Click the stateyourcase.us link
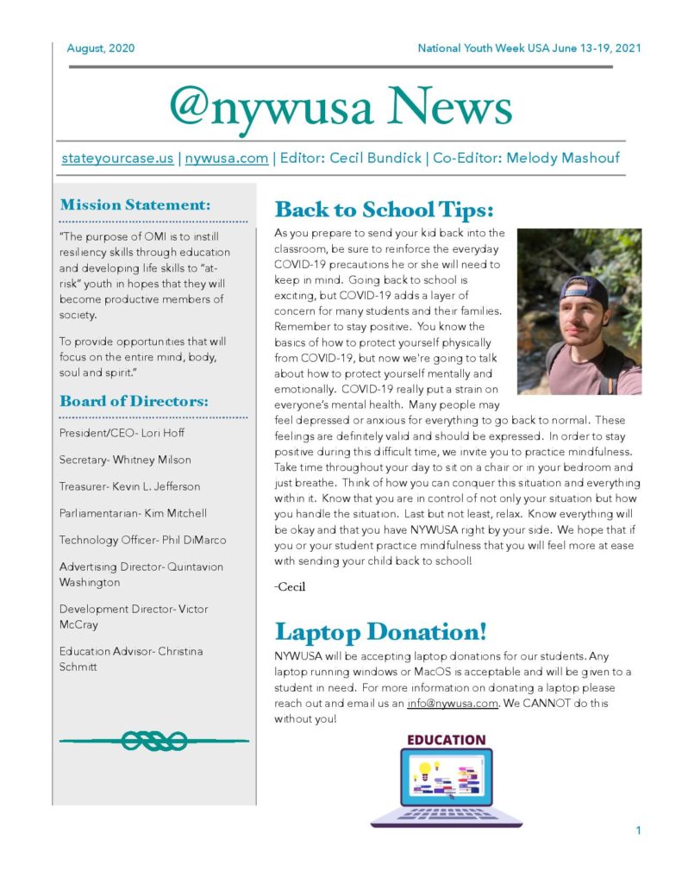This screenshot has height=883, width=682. click(117, 158)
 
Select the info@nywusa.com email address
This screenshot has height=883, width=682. click(453, 703)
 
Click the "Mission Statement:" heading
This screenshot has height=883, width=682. click(135, 205)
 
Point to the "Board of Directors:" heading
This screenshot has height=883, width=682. click(134, 401)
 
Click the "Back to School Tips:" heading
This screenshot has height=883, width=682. click(384, 210)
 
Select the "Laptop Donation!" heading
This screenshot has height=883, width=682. click(380, 631)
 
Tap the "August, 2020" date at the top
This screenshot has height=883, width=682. click(101, 48)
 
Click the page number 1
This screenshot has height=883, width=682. click(638, 830)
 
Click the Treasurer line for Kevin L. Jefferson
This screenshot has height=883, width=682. click(129, 486)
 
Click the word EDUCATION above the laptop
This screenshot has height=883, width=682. click(446, 740)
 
